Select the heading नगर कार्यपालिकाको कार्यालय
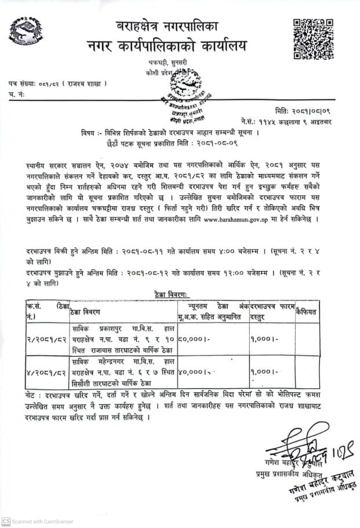(x=166, y=46)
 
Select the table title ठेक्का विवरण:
(x=172, y=295)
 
